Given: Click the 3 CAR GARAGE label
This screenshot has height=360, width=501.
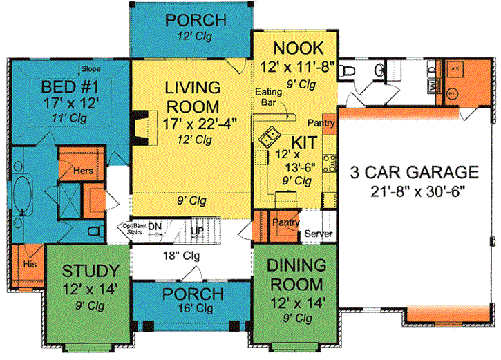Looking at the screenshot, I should pyautogui.click(x=415, y=171).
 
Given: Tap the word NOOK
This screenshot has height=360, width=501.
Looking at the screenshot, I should pyautogui.click(x=299, y=48).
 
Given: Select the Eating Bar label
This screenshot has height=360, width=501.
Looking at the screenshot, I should pyautogui.click(x=268, y=97).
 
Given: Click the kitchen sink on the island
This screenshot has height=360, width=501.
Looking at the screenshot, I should pyautogui.click(x=270, y=137).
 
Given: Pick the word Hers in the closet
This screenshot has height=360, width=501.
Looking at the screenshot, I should pyautogui.click(x=73, y=167).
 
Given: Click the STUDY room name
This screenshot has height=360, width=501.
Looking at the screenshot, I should pyautogui.click(x=91, y=269).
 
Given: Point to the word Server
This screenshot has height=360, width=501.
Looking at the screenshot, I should pyautogui.click(x=319, y=234).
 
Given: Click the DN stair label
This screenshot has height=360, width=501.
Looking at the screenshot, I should pyautogui.click(x=157, y=226).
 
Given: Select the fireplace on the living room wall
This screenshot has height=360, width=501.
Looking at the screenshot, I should pyautogui.click(x=141, y=127).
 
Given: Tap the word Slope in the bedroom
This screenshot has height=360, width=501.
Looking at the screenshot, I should pyautogui.click(x=91, y=69).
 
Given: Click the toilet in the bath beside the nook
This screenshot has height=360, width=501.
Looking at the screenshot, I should pyautogui.click(x=349, y=70).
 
